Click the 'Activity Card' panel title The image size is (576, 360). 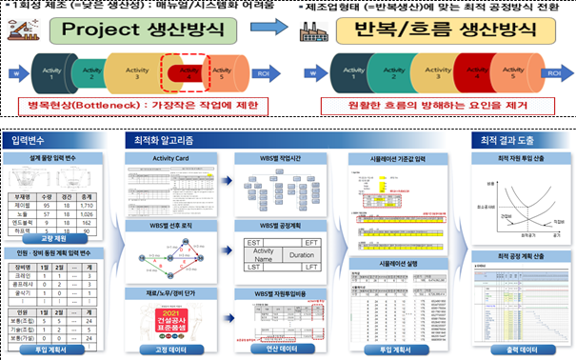[171, 158]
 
